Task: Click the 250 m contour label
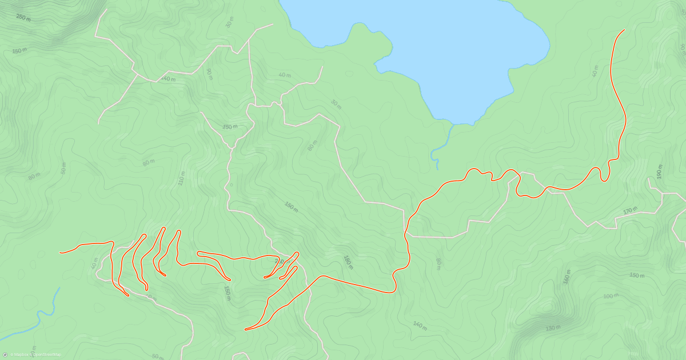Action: (x=23, y=18)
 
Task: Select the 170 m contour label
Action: (x=630, y=211)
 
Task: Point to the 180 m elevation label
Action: (x=348, y=262)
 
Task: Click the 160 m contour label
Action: (x=567, y=277)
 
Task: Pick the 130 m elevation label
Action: (x=552, y=327)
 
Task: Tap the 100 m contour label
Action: (x=611, y=295)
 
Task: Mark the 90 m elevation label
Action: (x=209, y=74)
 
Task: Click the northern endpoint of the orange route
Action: (x=624, y=30)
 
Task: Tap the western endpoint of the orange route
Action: (x=61, y=252)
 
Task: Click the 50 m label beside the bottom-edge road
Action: (x=158, y=356)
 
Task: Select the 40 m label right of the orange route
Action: (x=595, y=71)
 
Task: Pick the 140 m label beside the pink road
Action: (x=168, y=79)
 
